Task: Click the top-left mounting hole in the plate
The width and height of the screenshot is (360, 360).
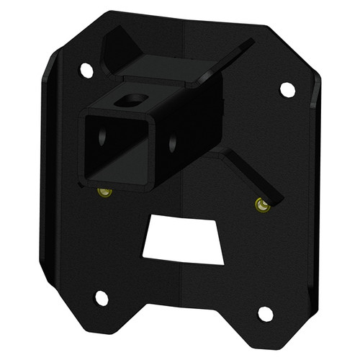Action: [86, 70]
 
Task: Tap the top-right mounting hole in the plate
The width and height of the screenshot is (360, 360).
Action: [287, 90]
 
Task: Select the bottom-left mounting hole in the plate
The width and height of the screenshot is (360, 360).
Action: [102, 297]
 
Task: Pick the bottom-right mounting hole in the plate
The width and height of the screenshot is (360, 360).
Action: [265, 314]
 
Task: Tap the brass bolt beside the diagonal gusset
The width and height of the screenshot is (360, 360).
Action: [262, 206]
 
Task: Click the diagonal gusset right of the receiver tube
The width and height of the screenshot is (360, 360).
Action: [248, 176]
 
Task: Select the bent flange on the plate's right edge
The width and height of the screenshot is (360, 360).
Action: [314, 194]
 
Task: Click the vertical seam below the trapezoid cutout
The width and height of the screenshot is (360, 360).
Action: [181, 302]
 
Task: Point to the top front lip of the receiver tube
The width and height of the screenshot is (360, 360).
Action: [119, 114]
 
